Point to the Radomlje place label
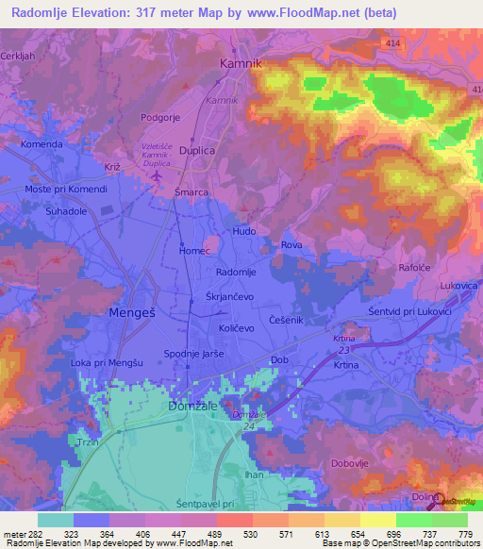(x=236, y=272)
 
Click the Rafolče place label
(x=414, y=268)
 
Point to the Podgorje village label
(x=159, y=117)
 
